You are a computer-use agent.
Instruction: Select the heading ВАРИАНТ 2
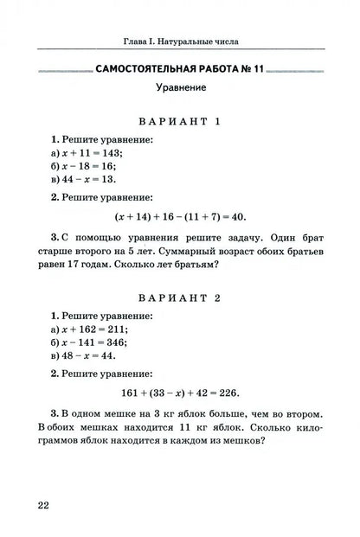coord(180,297)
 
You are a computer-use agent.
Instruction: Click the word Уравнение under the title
coord(180,87)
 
